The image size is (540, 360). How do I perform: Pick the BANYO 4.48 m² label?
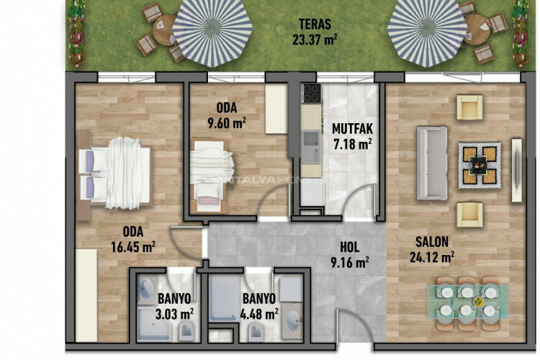click(259, 306)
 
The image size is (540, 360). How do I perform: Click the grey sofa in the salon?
click(432, 163)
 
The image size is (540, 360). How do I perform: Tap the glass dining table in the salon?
click(468, 300)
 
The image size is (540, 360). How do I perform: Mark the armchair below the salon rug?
click(470, 214)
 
